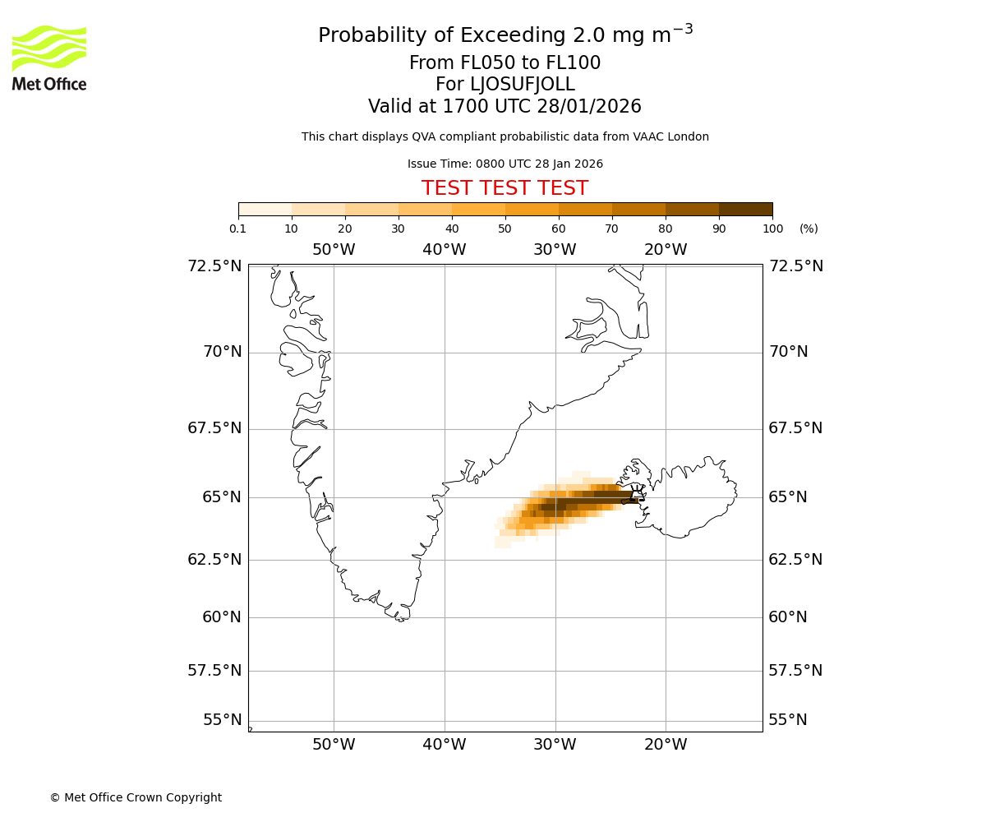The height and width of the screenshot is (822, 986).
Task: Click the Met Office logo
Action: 49,58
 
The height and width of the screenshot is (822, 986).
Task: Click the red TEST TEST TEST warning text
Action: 505,188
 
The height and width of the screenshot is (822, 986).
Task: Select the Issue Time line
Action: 505,164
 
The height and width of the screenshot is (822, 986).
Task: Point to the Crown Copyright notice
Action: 136,797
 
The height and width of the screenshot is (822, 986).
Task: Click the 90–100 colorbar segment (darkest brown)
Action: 745,209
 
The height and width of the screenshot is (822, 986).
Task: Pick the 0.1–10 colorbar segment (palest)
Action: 265,209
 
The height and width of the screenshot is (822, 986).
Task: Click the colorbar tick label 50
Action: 505,229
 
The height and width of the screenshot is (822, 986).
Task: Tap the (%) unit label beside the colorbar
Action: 809,229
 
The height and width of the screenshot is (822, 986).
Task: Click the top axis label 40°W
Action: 444,250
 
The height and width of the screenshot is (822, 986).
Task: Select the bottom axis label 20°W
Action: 666,745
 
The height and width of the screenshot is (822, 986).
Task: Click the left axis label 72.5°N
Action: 214,266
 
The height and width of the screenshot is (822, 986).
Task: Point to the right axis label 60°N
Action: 788,616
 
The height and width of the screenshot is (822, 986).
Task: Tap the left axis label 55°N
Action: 222,720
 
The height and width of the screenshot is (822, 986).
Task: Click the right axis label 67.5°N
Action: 795,428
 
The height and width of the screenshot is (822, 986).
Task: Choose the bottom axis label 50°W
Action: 334,745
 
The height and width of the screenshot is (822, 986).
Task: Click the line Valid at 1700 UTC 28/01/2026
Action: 505,106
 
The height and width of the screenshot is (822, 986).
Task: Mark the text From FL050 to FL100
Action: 505,63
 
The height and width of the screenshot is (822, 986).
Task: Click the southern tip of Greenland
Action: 400,619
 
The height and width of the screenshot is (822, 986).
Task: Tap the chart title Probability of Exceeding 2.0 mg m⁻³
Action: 505,35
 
